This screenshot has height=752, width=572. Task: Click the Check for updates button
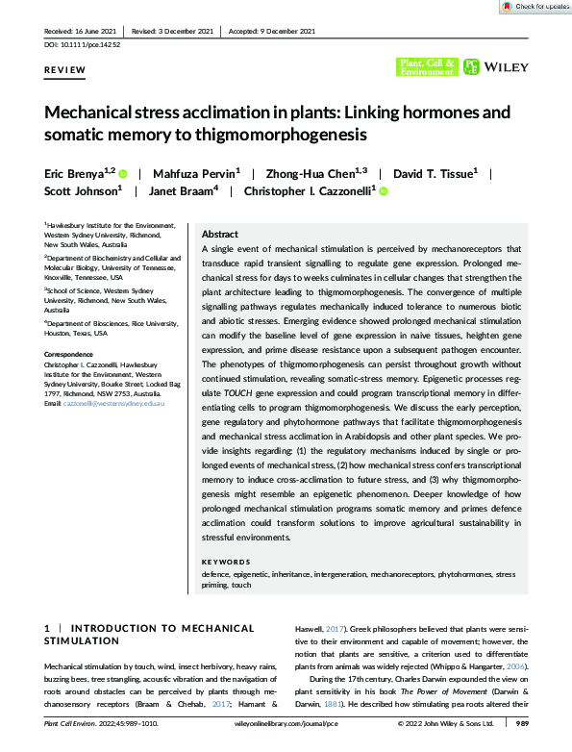[536, 7]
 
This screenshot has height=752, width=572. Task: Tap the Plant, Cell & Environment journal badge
[427, 66]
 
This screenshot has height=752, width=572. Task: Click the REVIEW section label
[64, 71]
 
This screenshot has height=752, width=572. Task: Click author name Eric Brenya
[78, 175]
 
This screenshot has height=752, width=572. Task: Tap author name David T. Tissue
[433, 175]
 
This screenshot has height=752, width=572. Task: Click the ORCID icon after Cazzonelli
[384, 193]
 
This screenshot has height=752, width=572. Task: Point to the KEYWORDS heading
[226, 562]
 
